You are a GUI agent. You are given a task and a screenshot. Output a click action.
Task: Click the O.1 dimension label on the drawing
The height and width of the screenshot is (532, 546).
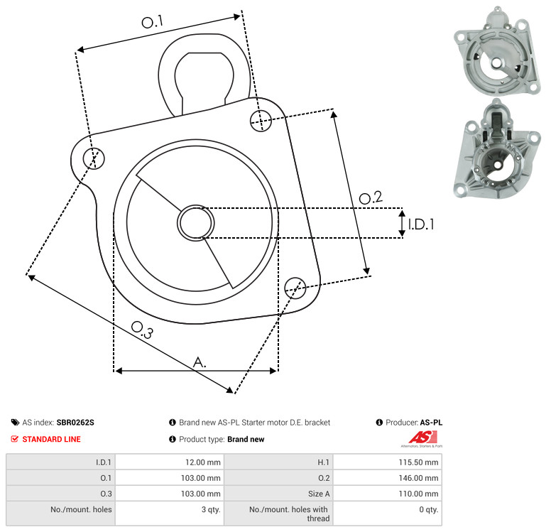(x=152, y=21)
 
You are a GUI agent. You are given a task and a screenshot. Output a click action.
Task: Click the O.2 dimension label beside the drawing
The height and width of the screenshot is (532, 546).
(x=371, y=197)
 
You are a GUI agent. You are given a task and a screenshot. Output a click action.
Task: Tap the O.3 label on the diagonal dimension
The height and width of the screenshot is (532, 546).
(x=142, y=330)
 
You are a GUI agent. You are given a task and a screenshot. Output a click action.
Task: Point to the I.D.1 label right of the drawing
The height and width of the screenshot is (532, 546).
(x=421, y=224)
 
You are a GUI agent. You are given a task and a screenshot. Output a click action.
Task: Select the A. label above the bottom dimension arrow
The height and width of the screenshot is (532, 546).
(x=200, y=362)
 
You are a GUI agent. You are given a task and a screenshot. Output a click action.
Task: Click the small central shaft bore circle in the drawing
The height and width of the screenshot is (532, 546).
(x=196, y=223)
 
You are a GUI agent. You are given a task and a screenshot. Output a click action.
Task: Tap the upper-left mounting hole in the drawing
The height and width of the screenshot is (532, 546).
(x=94, y=158)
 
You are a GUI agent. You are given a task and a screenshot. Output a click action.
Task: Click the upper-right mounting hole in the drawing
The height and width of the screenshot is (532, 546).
(x=261, y=121)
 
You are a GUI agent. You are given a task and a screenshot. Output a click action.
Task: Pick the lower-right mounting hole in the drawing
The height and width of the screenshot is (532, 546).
(x=295, y=288)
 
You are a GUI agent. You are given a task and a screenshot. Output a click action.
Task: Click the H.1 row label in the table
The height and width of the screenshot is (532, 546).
(x=323, y=462)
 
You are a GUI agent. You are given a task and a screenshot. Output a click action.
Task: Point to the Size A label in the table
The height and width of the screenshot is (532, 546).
(x=319, y=494)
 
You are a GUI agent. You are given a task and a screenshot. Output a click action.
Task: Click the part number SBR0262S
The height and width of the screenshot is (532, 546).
(x=75, y=422)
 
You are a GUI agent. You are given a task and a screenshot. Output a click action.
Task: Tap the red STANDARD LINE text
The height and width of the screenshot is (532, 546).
(x=52, y=439)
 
